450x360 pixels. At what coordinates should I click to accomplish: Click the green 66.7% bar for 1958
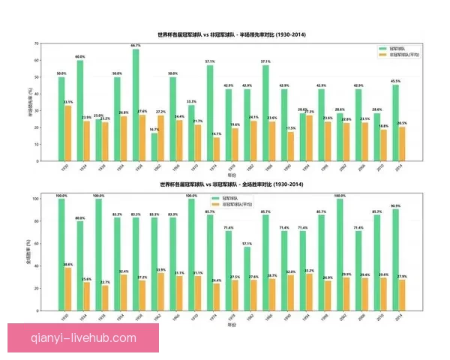pos(136,105)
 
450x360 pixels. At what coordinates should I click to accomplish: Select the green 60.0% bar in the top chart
pos(80,111)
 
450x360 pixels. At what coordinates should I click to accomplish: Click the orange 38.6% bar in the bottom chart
pos(69,289)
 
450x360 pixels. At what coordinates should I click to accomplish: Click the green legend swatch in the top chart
pos(382,48)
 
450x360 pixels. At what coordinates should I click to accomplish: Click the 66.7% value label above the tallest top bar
pos(136,46)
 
